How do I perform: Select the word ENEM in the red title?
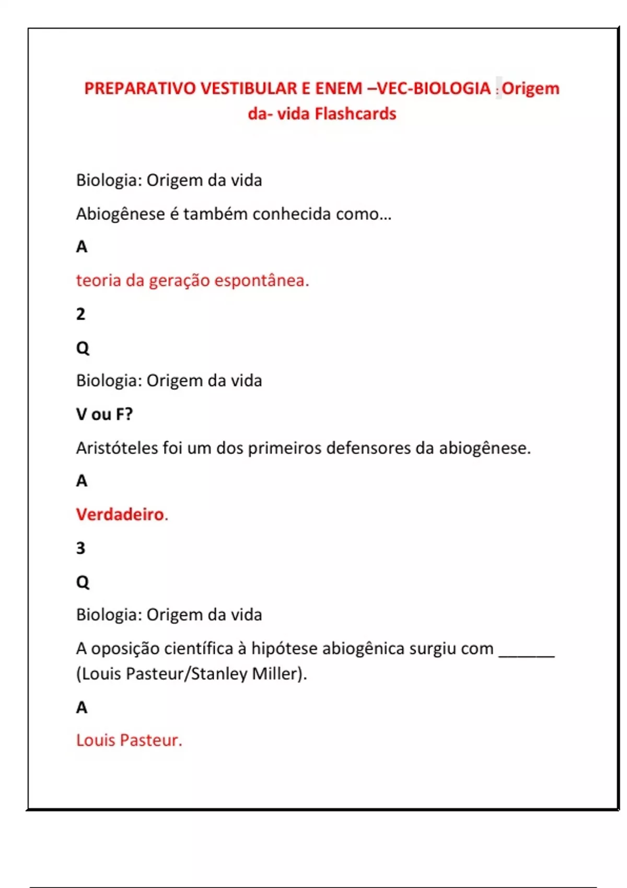338,89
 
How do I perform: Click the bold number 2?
80,314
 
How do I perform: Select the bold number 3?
80,548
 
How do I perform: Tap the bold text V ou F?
104,414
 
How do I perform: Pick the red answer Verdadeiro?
121,515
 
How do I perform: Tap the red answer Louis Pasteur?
129,740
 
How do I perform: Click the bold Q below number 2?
83,348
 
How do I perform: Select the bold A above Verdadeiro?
82,481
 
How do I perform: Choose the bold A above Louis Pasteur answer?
82,707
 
